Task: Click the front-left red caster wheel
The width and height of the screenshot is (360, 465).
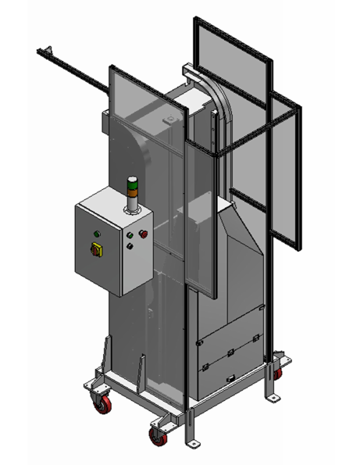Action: pos(102,404)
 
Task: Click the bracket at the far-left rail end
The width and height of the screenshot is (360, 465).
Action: pos(44,53)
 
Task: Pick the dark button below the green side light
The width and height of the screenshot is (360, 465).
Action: pos(130,245)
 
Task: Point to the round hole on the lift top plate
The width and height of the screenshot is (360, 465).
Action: pos(169,120)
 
